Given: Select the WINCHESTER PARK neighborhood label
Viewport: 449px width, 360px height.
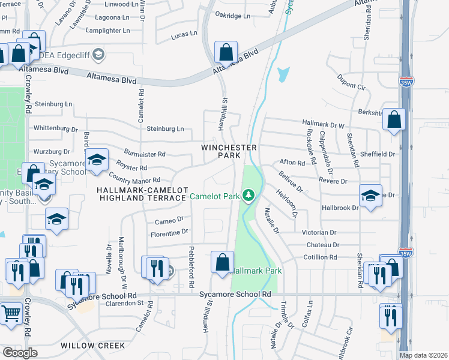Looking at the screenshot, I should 229,151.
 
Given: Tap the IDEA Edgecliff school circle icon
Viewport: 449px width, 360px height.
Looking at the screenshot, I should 99,56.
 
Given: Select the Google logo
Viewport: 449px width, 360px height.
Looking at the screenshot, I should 20,352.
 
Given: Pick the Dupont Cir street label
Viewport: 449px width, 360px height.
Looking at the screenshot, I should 351,82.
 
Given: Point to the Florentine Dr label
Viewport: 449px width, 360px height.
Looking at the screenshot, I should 169,231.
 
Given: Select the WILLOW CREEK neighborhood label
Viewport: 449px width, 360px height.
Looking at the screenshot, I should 92,346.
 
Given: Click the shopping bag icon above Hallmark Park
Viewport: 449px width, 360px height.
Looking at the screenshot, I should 222,262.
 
